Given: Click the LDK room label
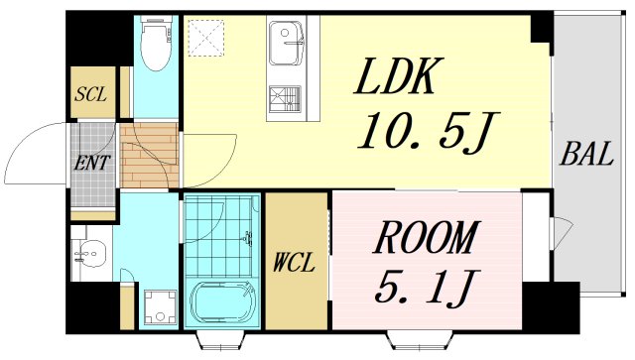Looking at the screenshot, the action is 399,76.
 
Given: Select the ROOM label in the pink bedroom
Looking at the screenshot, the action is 426,238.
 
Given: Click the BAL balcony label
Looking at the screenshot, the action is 585,154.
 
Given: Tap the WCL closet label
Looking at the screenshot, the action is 294,263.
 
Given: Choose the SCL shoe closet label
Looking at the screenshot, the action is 90,94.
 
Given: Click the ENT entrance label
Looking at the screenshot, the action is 92,163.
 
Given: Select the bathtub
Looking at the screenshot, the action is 223,302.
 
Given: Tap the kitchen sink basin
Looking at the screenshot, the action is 287,44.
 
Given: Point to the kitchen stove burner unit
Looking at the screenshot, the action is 285,99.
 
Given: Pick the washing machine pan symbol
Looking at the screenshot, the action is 161,307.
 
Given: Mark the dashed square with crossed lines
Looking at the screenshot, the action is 206,38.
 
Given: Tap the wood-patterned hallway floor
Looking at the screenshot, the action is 150,156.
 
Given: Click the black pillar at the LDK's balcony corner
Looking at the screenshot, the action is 542,28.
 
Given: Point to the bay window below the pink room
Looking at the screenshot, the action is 422,340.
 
